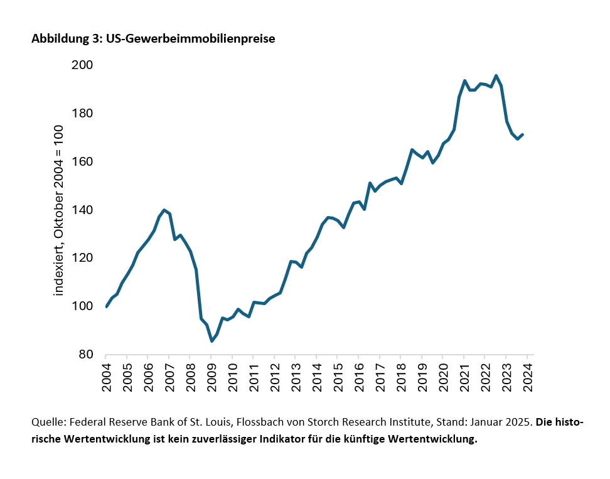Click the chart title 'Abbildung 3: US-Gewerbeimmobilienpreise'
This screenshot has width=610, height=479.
click(154, 39)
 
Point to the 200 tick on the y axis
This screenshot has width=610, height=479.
click(83, 65)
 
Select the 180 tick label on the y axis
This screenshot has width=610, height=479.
click(83, 114)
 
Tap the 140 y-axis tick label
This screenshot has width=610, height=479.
click(83, 210)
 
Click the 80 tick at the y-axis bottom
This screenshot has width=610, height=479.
click(86, 355)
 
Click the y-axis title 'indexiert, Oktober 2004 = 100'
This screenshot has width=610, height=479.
click(60, 210)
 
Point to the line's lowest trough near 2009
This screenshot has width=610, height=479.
click(211, 341)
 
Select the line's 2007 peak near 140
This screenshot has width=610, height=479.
click(164, 210)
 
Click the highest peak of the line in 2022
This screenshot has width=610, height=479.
click(496, 76)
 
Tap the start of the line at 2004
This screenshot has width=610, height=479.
click(106, 306)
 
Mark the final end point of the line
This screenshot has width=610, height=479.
click(522, 134)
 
